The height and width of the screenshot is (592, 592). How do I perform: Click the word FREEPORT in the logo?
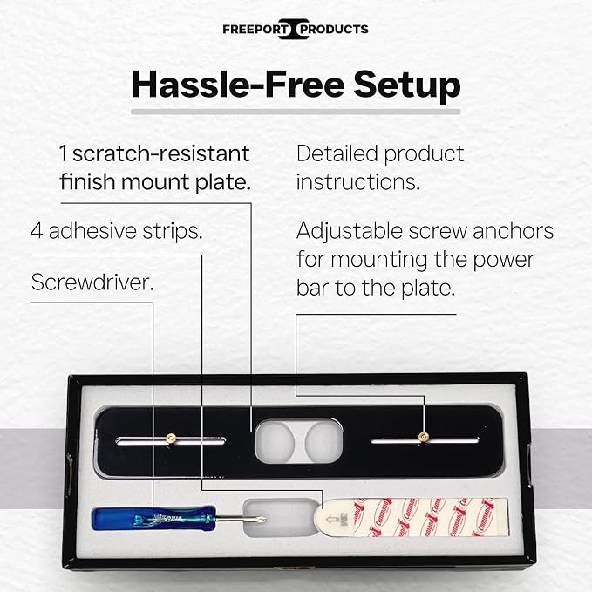(255, 30)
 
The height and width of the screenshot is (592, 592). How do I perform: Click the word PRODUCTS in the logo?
(334, 30)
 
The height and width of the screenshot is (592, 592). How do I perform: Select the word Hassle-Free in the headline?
(238, 85)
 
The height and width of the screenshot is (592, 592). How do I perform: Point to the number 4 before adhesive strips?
(37, 231)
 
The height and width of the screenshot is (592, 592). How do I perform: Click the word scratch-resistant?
(161, 153)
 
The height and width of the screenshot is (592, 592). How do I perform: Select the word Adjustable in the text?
(350, 232)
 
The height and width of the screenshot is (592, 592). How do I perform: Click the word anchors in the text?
(513, 231)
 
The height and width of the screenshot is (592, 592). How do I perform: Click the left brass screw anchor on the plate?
(172, 439)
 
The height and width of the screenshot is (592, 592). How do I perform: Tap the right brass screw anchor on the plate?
(424, 437)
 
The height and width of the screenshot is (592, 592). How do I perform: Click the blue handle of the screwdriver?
(153, 518)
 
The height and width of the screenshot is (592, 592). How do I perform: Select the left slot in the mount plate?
(171, 440)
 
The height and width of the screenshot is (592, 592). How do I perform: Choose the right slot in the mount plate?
(425, 440)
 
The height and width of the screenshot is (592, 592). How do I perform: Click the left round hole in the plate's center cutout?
(276, 442)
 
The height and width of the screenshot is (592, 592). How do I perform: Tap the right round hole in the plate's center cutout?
(323, 442)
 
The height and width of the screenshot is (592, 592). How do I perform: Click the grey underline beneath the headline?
(296, 112)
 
